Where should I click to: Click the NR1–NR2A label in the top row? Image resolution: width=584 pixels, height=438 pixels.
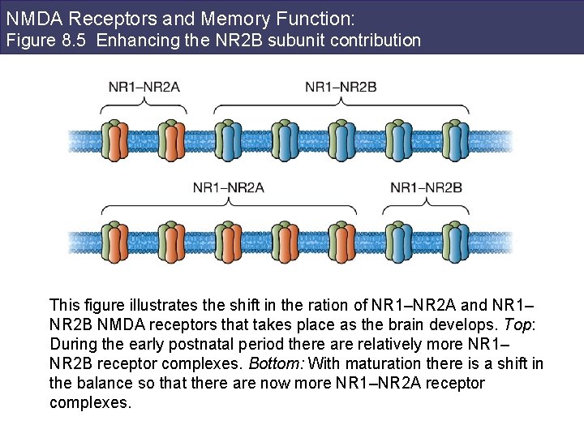coord(145,87)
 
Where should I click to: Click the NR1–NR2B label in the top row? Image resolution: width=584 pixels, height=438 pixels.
coord(341,87)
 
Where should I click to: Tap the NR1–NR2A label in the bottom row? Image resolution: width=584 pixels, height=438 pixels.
coord(229,187)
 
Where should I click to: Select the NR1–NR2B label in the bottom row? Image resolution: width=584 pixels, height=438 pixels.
coord(426,187)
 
